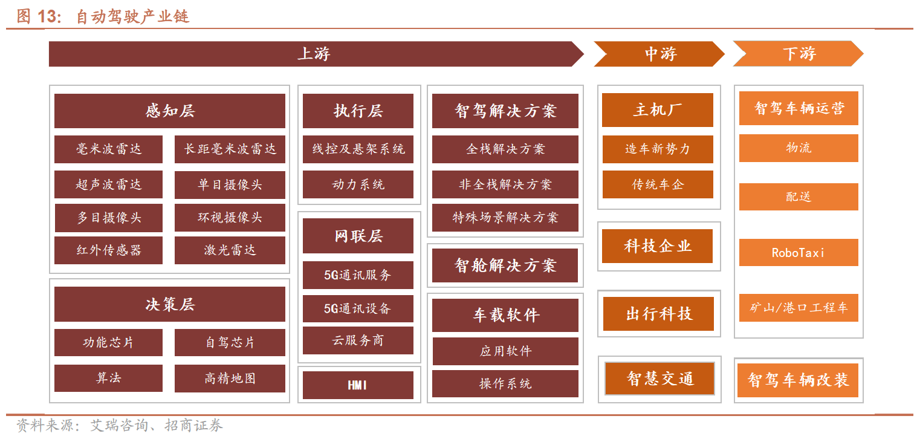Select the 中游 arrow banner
coord(659,54)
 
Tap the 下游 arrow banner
coord(799,54)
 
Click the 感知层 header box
coord(170,111)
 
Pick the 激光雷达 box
coord(230,250)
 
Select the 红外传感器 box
coord(108,250)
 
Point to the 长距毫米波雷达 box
coord(230,149)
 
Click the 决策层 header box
coord(170,304)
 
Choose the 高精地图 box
coord(230,379)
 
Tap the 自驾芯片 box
coord(230,342)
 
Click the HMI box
coord(358,385)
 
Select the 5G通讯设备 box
coord(358,308)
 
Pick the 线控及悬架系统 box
coord(358,149)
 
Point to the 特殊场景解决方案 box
coord(505,217)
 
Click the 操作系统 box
coord(505,383)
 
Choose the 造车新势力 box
coord(658,149)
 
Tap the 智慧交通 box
coord(660,379)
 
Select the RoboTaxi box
coord(799,253)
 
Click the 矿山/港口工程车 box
coord(799,307)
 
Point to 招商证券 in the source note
coord(193,425)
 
